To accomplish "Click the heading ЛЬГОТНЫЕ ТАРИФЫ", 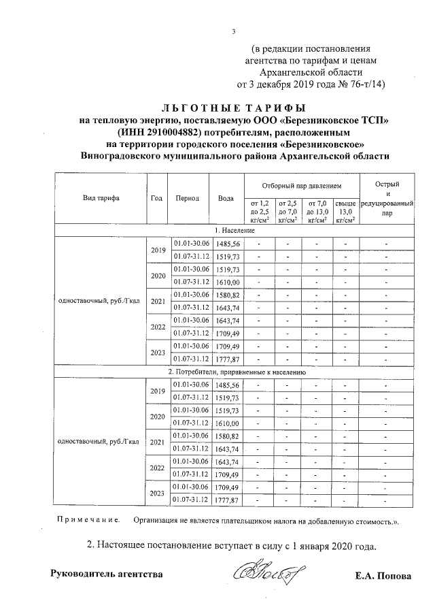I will click(234, 108).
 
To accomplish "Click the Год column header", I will click(156, 199).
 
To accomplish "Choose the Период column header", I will click(187, 199).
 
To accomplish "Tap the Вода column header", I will click(226, 199).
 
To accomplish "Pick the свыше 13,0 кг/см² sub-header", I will click(345, 211).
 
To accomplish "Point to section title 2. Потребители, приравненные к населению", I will click(237, 372).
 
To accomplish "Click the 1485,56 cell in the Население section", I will click(226, 244).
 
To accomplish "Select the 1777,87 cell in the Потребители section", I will click(226, 500).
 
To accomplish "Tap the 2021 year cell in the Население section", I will click(156, 302).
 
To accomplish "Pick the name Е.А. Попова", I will click(383, 575).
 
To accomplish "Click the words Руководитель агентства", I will click(107, 574).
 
